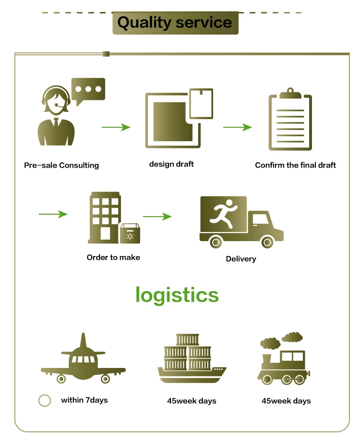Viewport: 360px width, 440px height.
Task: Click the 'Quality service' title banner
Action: tap(175, 23)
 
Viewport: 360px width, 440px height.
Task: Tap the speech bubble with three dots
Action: tap(88, 90)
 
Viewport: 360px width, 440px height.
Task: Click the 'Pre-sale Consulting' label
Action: tap(61, 165)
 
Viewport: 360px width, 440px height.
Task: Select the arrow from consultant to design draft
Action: tap(116, 127)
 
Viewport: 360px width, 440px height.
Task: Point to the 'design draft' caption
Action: tap(171, 164)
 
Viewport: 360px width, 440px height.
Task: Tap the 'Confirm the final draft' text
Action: tap(295, 165)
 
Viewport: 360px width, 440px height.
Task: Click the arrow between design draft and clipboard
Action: tap(238, 127)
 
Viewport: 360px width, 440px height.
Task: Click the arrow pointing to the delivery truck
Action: tap(157, 217)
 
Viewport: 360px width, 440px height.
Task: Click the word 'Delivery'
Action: tap(241, 259)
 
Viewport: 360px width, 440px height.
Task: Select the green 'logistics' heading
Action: tap(177, 294)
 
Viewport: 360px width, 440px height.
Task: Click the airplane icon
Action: tap(83, 360)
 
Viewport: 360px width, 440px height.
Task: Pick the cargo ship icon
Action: tap(192, 359)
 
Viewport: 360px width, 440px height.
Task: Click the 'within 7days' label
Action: tap(84, 400)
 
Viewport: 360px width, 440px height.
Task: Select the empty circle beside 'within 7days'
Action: tap(45, 401)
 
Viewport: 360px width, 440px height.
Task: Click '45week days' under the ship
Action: tap(192, 401)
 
